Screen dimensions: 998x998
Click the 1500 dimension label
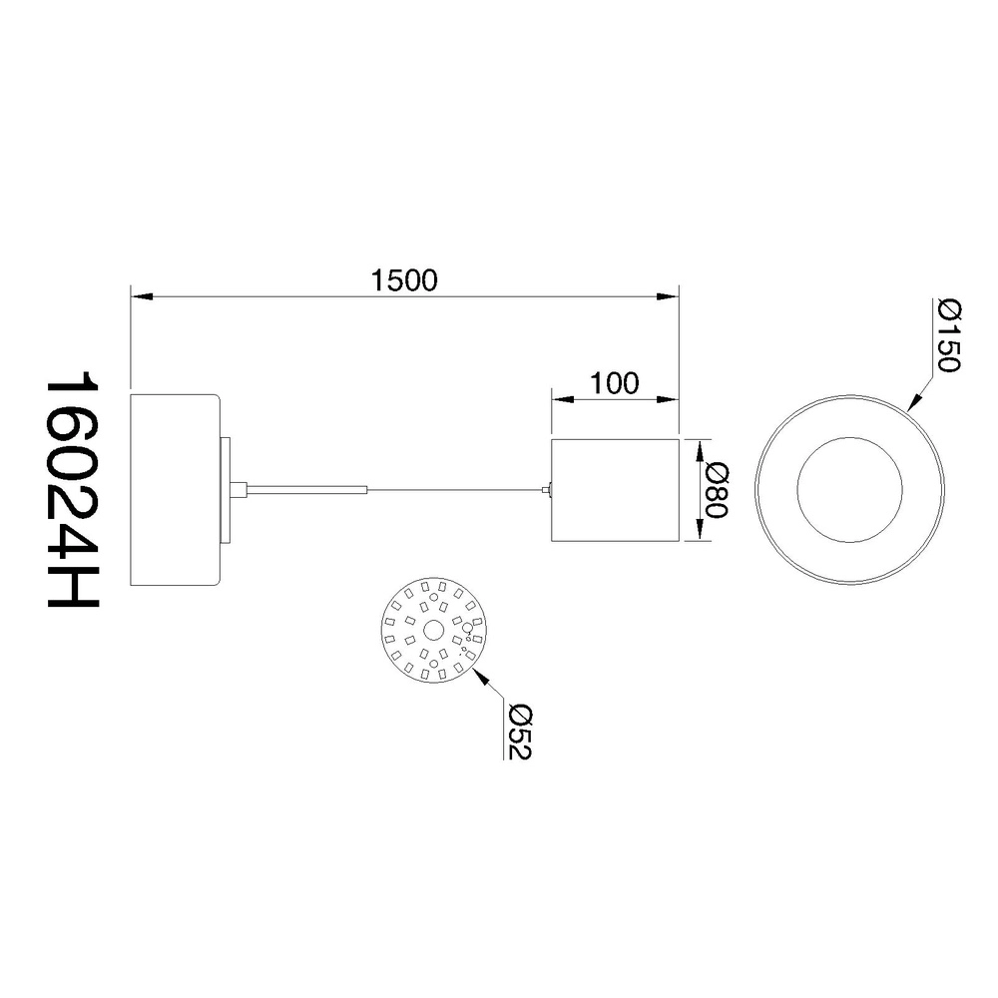tap(404, 280)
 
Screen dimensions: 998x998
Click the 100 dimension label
tap(614, 383)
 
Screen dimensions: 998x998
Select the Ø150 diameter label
tap(948, 336)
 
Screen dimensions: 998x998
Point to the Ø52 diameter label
tap(520, 732)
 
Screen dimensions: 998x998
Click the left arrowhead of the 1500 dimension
tap(142, 296)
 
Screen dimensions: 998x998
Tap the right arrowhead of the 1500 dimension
tap(667, 296)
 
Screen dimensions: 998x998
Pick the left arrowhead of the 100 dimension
tap(563, 400)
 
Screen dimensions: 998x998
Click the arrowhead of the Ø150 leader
tap(914, 401)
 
